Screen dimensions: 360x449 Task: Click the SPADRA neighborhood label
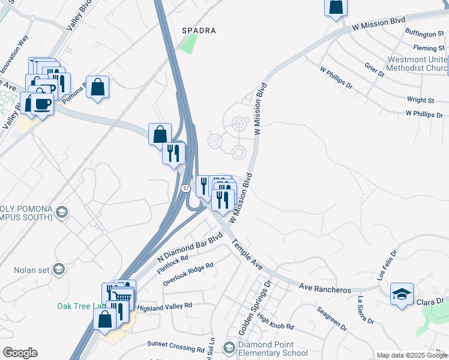click(x=199, y=30)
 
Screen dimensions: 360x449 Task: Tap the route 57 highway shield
click(x=187, y=188)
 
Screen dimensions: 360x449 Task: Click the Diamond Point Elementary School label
click(x=273, y=349)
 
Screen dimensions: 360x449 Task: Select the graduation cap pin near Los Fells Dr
click(x=402, y=294)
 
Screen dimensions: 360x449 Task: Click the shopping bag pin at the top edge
click(x=336, y=7)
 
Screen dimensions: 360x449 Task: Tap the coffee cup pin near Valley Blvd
click(x=42, y=103)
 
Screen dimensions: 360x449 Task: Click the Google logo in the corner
click(x=20, y=353)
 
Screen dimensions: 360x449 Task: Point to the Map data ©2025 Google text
click(x=411, y=355)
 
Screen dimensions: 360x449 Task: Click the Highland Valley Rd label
click(x=164, y=306)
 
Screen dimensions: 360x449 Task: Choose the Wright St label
click(x=420, y=100)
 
